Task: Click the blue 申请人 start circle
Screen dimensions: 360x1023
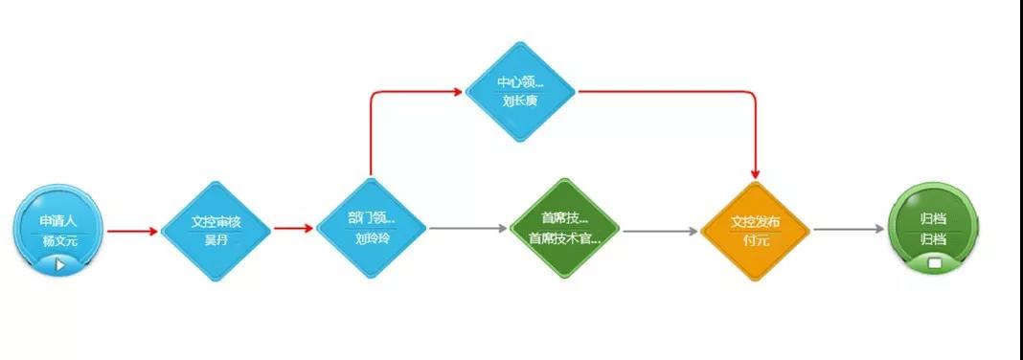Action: pos(58,228)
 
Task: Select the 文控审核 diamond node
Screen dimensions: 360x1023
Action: pos(216,230)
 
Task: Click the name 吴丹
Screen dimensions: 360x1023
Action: pos(216,240)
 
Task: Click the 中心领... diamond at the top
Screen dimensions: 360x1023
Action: pos(520,91)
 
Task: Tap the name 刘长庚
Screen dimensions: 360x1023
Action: pos(520,101)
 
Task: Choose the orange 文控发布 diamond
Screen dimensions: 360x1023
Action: pos(756,230)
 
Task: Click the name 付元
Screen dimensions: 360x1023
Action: pos(756,240)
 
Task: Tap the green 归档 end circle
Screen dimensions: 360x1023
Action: pos(933,228)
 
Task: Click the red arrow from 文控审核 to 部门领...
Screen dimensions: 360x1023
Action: pos(292,229)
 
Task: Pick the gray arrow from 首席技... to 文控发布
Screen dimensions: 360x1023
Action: pos(660,231)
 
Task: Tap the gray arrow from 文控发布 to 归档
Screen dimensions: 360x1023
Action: pos(849,230)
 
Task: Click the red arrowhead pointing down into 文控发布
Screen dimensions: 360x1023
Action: pos(756,171)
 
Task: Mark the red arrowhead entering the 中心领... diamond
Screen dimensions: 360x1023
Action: pos(456,92)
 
